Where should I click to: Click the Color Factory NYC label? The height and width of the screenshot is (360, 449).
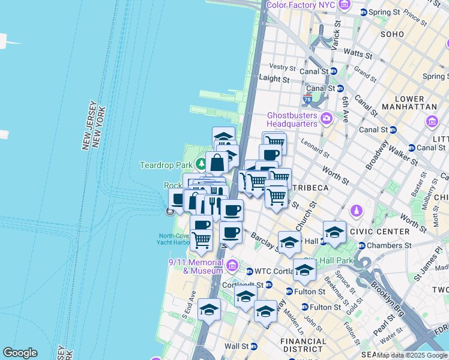[x=300, y=5]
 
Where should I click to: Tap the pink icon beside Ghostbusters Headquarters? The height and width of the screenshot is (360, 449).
[x=327, y=116]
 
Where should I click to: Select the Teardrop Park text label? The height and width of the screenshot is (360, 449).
[x=166, y=164]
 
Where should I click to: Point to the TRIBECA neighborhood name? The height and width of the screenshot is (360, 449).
[x=310, y=188]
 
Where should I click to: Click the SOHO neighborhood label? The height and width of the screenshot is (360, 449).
[x=392, y=34]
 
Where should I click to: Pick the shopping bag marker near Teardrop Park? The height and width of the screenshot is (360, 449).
[x=217, y=162]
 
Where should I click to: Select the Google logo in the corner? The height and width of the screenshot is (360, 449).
[x=20, y=353]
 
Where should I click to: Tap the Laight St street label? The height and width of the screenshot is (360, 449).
[x=274, y=79]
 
